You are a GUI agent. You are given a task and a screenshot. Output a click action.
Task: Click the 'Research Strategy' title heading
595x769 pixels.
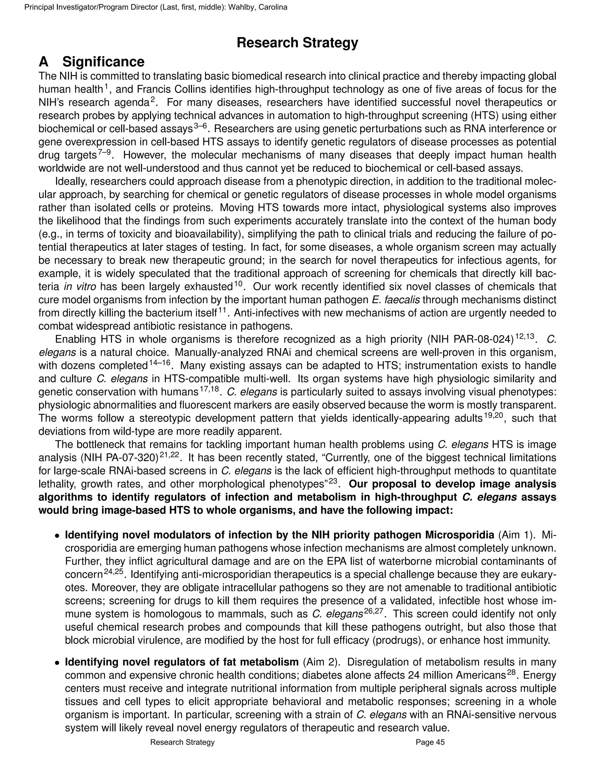tap(297, 43)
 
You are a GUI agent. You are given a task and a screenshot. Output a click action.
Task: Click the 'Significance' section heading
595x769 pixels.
tap(103, 62)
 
